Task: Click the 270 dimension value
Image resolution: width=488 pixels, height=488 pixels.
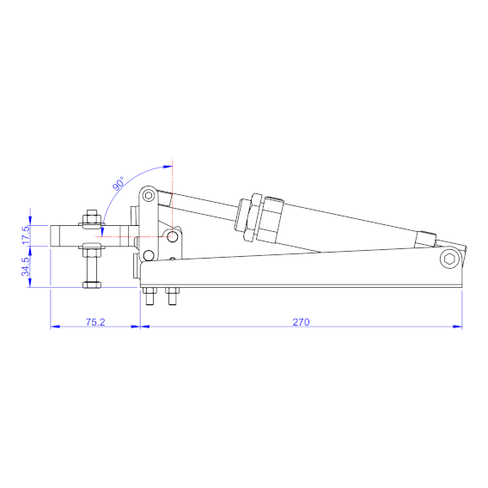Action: [301, 322]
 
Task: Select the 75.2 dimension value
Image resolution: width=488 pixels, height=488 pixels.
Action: [95, 322]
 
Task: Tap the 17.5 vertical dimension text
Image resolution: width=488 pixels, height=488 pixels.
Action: [27, 231]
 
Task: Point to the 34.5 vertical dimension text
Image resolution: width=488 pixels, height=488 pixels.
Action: [27, 265]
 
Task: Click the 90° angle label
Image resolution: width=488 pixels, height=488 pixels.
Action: [119, 183]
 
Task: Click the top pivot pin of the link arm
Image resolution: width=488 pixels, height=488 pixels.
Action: [149, 196]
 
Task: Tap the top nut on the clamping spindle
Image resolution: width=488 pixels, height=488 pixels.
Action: [89, 217]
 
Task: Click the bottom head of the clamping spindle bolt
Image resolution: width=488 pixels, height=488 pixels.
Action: [90, 284]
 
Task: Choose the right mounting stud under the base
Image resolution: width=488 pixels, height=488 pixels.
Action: [170, 299]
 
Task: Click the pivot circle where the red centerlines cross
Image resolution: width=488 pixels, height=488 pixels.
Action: [173, 235]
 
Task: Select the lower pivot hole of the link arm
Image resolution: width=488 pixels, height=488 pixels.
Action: [149, 255]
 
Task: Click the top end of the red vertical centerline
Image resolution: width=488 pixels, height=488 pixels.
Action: [173, 162]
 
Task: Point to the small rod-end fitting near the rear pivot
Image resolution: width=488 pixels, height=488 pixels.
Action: [426, 235]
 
